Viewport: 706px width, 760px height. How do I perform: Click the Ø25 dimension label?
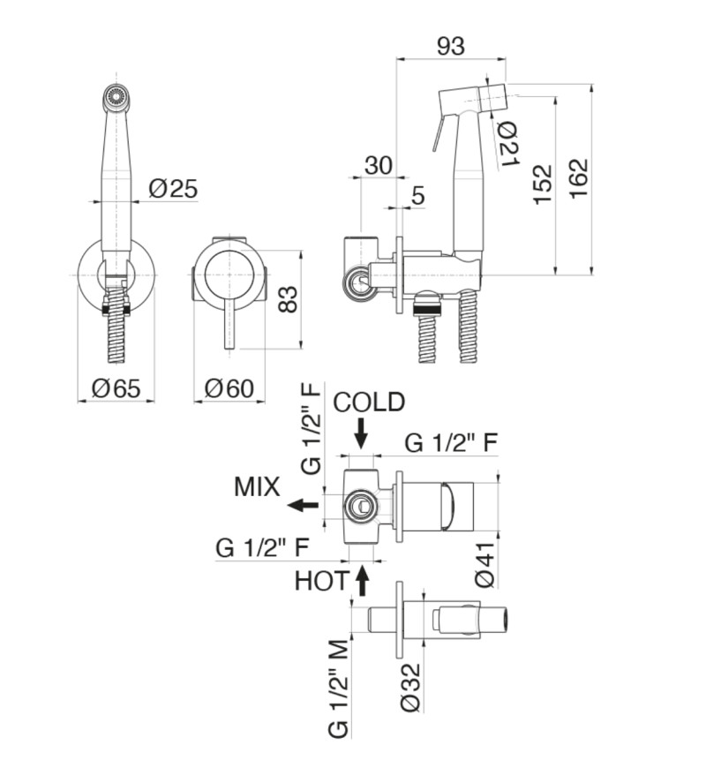[173, 188]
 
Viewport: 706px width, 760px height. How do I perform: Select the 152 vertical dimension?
[543, 184]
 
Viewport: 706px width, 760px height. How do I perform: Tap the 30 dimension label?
[378, 165]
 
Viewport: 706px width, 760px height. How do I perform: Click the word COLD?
[369, 403]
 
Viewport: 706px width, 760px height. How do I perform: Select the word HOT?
[321, 581]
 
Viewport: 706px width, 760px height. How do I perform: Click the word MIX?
[257, 486]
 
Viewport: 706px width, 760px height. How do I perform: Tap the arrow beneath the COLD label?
[361, 433]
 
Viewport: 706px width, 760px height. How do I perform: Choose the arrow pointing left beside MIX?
[304, 505]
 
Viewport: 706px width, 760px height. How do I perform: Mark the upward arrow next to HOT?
[362, 581]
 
